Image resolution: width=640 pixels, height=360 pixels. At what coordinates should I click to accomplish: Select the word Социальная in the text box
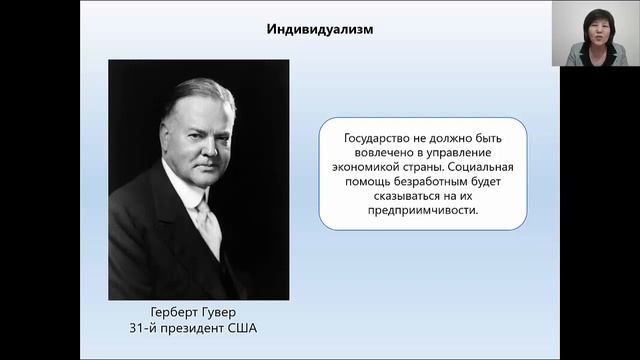pos(483,168)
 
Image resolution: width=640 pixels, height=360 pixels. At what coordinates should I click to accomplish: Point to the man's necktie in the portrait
pos(209,224)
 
